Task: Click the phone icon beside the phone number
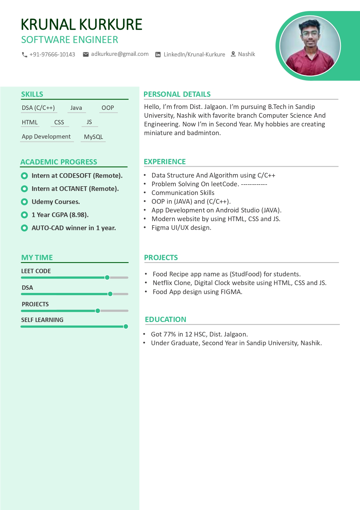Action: pyautogui.click(x=24, y=55)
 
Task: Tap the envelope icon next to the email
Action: pyautogui.click(x=86, y=54)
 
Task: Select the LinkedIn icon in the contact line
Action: pyautogui.click(x=158, y=55)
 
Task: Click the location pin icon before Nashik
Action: pyautogui.click(x=233, y=54)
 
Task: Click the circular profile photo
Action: pyautogui.click(x=310, y=46)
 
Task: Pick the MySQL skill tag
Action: pyautogui.click(x=93, y=137)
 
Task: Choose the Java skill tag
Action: pyautogui.click(x=76, y=108)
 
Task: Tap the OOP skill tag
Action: pyautogui.click(x=108, y=108)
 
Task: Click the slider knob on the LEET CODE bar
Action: pyautogui.click(x=107, y=278)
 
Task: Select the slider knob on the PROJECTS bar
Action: pyautogui.click(x=98, y=311)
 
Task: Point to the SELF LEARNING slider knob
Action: pyautogui.click(x=126, y=327)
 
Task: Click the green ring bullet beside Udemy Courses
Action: pyautogui.click(x=24, y=202)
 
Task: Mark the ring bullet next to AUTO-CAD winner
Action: pyautogui.click(x=24, y=228)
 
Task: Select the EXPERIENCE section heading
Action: pyautogui.click(x=165, y=162)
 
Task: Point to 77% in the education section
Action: pyautogui.click(x=170, y=334)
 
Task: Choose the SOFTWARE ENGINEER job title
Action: pyautogui.click(x=70, y=40)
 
